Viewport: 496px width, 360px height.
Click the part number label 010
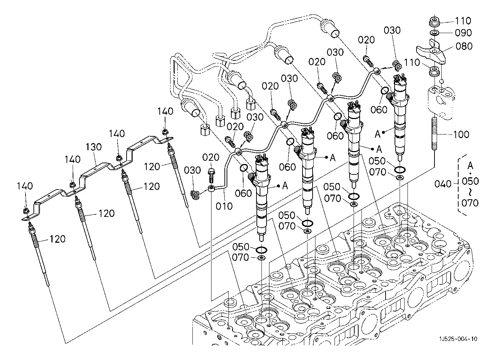(224, 206)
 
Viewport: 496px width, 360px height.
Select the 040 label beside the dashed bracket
(443, 184)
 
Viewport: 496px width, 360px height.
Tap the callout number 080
(464, 46)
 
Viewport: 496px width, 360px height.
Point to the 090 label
(463, 33)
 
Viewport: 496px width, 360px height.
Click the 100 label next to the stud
(461, 135)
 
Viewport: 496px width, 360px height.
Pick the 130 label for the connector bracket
(94, 147)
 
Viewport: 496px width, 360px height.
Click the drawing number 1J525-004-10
(458, 339)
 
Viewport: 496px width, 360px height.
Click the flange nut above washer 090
(434, 22)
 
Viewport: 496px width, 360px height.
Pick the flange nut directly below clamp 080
(434, 71)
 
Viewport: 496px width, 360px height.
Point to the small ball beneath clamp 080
(442, 81)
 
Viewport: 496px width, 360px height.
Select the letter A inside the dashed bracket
(470, 165)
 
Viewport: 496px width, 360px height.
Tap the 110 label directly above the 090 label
(463, 21)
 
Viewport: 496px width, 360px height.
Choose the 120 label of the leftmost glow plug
(57, 239)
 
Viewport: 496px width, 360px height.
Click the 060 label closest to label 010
(244, 193)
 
